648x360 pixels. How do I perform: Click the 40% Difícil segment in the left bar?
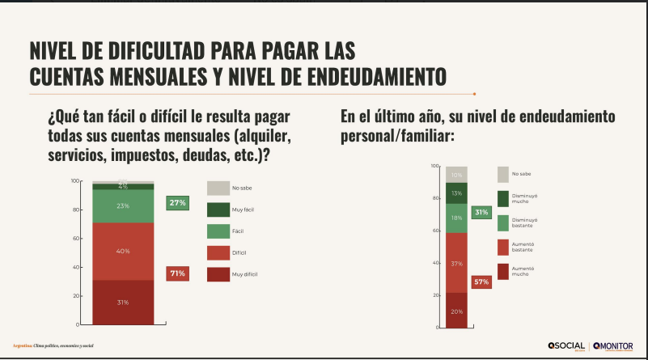(x=123, y=251)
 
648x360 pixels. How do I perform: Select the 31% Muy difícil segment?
(x=123, y=302)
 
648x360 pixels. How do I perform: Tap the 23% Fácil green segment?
(x=123, y=205)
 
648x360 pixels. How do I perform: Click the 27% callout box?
(x=177, y=203)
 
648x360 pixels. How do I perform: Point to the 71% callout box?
(x=177, y=273)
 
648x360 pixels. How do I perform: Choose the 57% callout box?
(x=481, y=282)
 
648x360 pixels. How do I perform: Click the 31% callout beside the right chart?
(x=481, y=213)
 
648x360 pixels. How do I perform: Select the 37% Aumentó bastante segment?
(x=457, y=263)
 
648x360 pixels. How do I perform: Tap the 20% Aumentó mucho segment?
(x=457, y=311)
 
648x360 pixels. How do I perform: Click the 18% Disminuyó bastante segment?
(x=457, y=218)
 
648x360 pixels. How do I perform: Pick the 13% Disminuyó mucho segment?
(x=457, y=193)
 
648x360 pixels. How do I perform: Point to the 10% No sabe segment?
(x=457, y=175)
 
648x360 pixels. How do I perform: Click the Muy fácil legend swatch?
(x=218, y=209)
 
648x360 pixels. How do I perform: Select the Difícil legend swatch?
(x=218, y=252)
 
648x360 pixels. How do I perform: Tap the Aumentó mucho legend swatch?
(x=503, y=271)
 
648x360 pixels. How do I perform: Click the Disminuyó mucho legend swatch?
(x=503, y=198)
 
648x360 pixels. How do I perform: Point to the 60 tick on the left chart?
(x=75, y=238)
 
